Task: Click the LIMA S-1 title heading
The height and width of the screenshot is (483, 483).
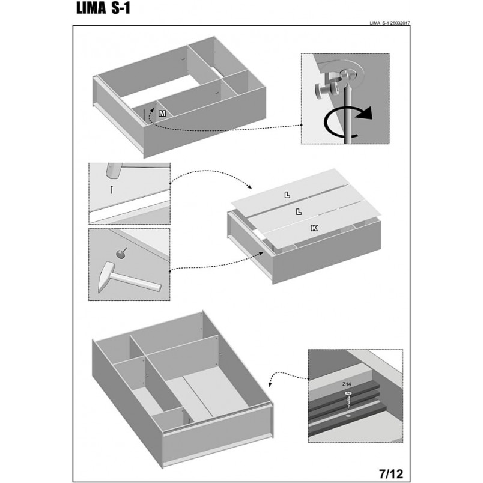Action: click(x=103, y=8)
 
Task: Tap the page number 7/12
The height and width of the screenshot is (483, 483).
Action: click(x=391, y=473)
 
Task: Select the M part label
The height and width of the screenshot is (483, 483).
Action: click(x=162, y=114)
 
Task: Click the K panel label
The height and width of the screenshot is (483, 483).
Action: click(x=314, y=228)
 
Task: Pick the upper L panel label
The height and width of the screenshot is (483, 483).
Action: click(x=287, y=195)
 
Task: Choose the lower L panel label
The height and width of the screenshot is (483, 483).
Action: click(x=299, y=211)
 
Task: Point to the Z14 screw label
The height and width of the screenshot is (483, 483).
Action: click(x=347, y=384)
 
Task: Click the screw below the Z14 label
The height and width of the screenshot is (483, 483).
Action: click(x=348, y=400)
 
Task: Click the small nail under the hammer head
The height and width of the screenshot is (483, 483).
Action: click(x=112, y=189)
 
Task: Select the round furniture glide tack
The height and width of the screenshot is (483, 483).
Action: click(x=121, y=253)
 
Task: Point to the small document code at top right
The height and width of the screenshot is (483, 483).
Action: click(x=390, y=23)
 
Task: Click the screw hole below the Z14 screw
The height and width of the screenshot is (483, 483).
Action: click(x=348, y=416)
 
